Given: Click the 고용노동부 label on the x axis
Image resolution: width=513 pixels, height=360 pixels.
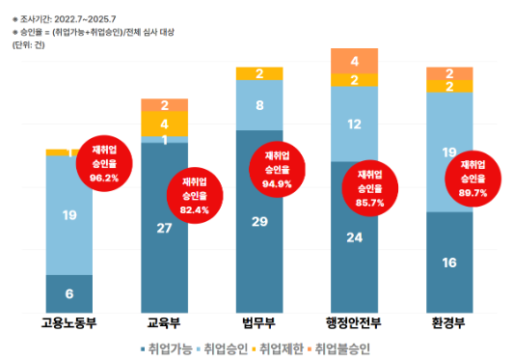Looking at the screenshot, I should [69, 322].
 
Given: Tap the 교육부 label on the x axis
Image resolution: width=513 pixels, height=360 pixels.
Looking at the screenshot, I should [165, 322].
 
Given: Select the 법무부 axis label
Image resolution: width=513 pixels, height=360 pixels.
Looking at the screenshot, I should [260, 322].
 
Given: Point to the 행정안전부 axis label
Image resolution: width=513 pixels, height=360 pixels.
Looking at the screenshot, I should [356, 322].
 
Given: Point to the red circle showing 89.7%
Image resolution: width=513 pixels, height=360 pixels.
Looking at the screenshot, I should [473, 180].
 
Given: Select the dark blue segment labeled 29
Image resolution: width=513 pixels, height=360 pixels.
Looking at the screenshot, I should [260, 221].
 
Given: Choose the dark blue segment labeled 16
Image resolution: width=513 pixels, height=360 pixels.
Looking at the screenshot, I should [449, 262].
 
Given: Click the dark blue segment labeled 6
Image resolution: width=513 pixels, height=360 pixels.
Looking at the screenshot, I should [69, 293].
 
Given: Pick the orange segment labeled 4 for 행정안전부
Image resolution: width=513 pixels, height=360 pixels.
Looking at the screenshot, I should [355, 60].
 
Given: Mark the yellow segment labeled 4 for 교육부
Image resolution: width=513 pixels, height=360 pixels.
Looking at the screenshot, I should [165, 124].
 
